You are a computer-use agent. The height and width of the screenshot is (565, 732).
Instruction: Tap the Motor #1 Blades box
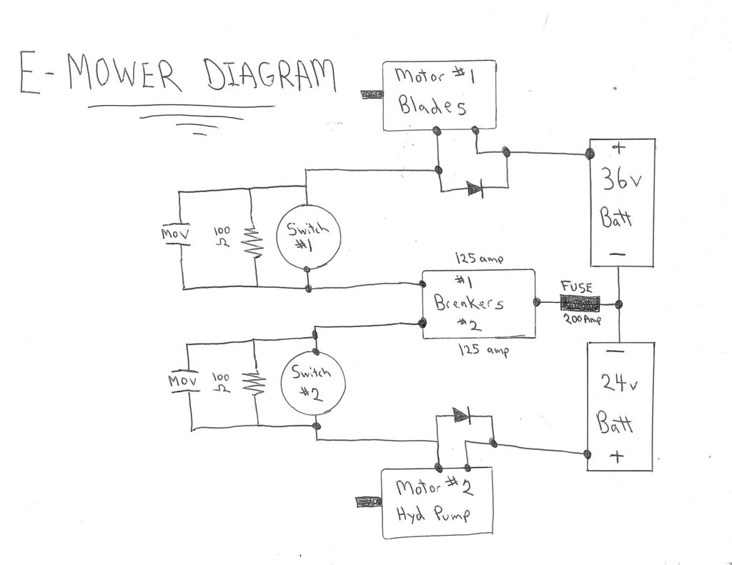tap(439, 96)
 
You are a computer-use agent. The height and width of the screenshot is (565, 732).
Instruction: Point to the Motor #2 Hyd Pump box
tap(437, 503)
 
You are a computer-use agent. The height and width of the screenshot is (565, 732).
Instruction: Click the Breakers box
tap(478, 304)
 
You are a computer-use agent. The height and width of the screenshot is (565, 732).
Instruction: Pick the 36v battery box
tap(620, 202)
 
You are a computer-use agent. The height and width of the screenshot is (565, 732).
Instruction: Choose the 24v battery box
tap(620, 406)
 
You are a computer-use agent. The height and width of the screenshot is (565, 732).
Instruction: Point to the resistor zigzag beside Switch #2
tap(255, 386)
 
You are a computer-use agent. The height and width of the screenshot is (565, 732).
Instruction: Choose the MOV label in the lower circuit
tap(183, 381)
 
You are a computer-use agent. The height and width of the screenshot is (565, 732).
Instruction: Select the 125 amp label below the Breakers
tap(486, 351)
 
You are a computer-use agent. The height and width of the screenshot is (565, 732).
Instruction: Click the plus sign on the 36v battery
tap(619, 149)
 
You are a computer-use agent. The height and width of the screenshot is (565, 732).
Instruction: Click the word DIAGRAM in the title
tap(269, 76)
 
